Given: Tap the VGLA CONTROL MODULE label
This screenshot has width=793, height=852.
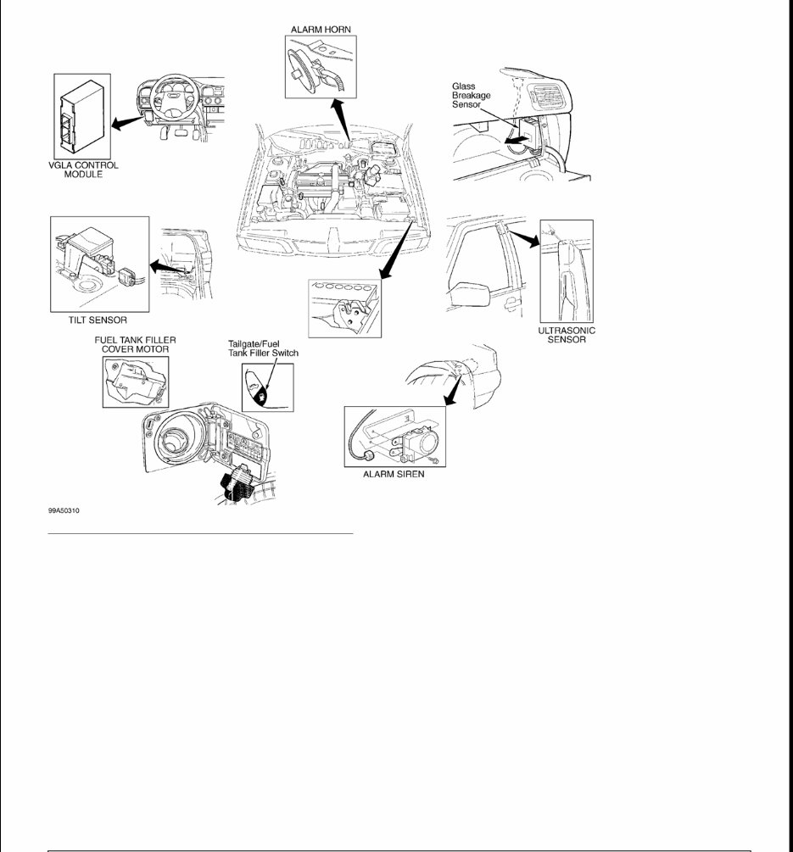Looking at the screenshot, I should click(83, 170).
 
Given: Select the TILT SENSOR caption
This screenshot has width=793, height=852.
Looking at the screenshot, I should click(98, 320).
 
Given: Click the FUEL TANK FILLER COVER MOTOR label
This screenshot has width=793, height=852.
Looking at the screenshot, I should click(135, 344).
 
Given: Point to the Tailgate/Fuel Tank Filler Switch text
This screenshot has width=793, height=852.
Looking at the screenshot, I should click(263, 348).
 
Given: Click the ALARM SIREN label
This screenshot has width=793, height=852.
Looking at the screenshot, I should click(394, 475).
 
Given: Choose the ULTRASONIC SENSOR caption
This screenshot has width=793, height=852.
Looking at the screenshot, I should click(567, 336).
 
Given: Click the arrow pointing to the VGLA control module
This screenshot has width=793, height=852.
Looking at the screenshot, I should click(126, 124).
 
